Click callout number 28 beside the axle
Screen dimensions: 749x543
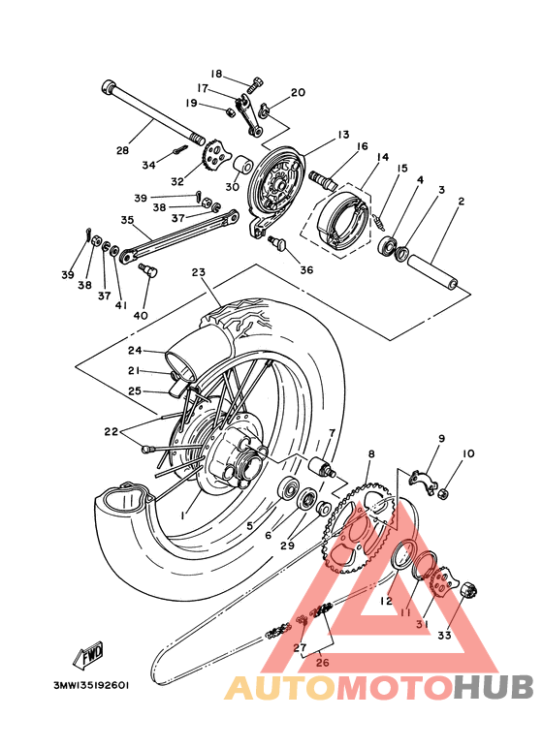tap(122, 150)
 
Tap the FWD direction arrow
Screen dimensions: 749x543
tap(92, 656)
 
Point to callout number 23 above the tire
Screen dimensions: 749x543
tap(199, 272)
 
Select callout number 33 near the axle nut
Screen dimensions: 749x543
tap(445, 636)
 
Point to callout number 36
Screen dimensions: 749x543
tap(306, 269)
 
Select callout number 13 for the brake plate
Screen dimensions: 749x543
tap(316, 135)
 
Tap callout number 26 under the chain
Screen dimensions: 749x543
tap(322, 665)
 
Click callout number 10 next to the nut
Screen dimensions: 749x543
tap(468, 453)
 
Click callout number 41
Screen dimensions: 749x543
tap(121, 306)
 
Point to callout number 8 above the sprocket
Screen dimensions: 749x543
tap(370, 453)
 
